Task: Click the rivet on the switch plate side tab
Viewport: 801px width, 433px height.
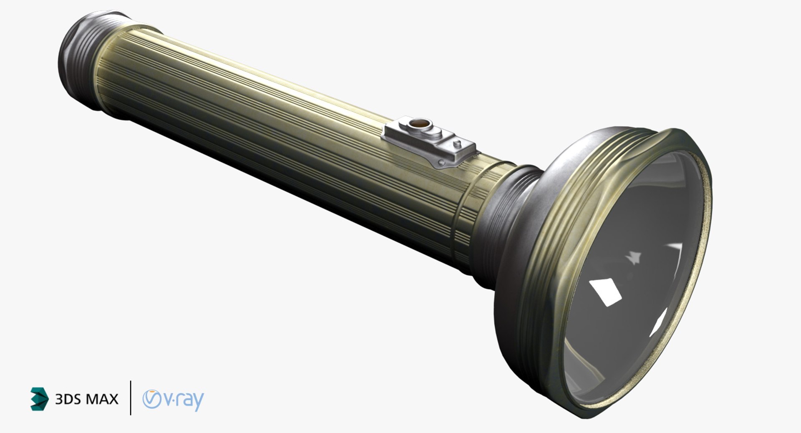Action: point(441,162)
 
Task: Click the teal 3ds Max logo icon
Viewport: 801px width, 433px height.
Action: point(39,398)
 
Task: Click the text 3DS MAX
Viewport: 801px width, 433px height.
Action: point(86,399)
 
